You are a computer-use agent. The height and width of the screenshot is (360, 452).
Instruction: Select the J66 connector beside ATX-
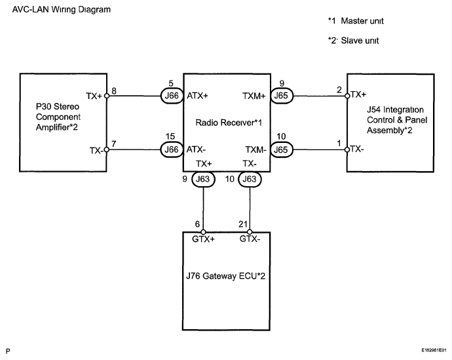[x=171, y=150]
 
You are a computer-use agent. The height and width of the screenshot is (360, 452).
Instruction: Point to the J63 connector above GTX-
[x=250, y=178]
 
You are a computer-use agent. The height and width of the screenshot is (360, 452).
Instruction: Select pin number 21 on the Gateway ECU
[x=242, y=224]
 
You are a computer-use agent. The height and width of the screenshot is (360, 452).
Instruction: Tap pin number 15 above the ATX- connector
[x=170, y=136]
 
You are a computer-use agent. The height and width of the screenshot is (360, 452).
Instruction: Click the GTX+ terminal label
[x=204, y=239]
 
